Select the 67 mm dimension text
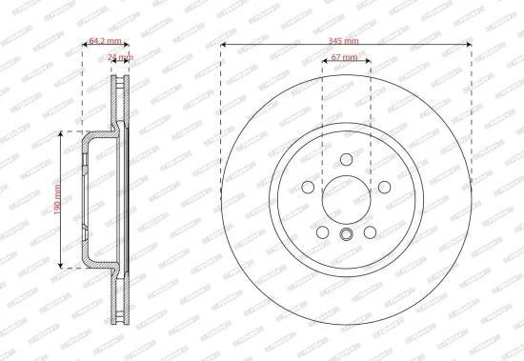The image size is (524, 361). coord(345,59)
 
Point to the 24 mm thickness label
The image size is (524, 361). coord(121,58)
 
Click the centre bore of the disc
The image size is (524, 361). coord(346,198)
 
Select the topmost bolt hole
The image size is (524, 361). coord(346,161)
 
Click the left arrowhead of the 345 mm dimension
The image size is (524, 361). coord(224,46)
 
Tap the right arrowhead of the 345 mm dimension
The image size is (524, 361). coord(470,46)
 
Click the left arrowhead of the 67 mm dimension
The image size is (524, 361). coord(325,65)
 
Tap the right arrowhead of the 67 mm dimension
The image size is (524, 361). coord(368,65)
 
